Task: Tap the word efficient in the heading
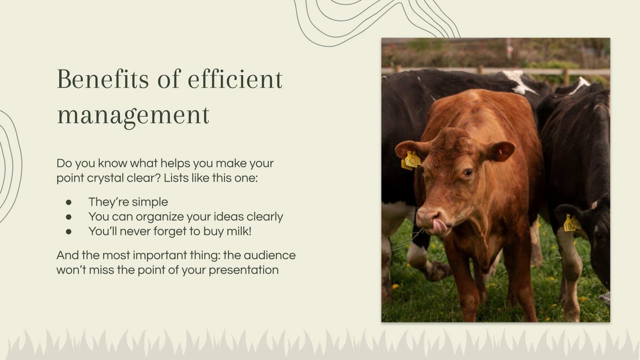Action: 235,79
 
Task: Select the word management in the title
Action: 133,115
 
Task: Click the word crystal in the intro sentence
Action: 105,178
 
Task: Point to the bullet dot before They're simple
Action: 69,202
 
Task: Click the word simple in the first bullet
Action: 150,202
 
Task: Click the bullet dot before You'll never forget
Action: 69,231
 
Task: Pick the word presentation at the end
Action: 244,270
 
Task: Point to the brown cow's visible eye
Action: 468,172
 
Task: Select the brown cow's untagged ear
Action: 500,151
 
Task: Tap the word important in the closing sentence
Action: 176,255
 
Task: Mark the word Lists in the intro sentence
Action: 176,178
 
